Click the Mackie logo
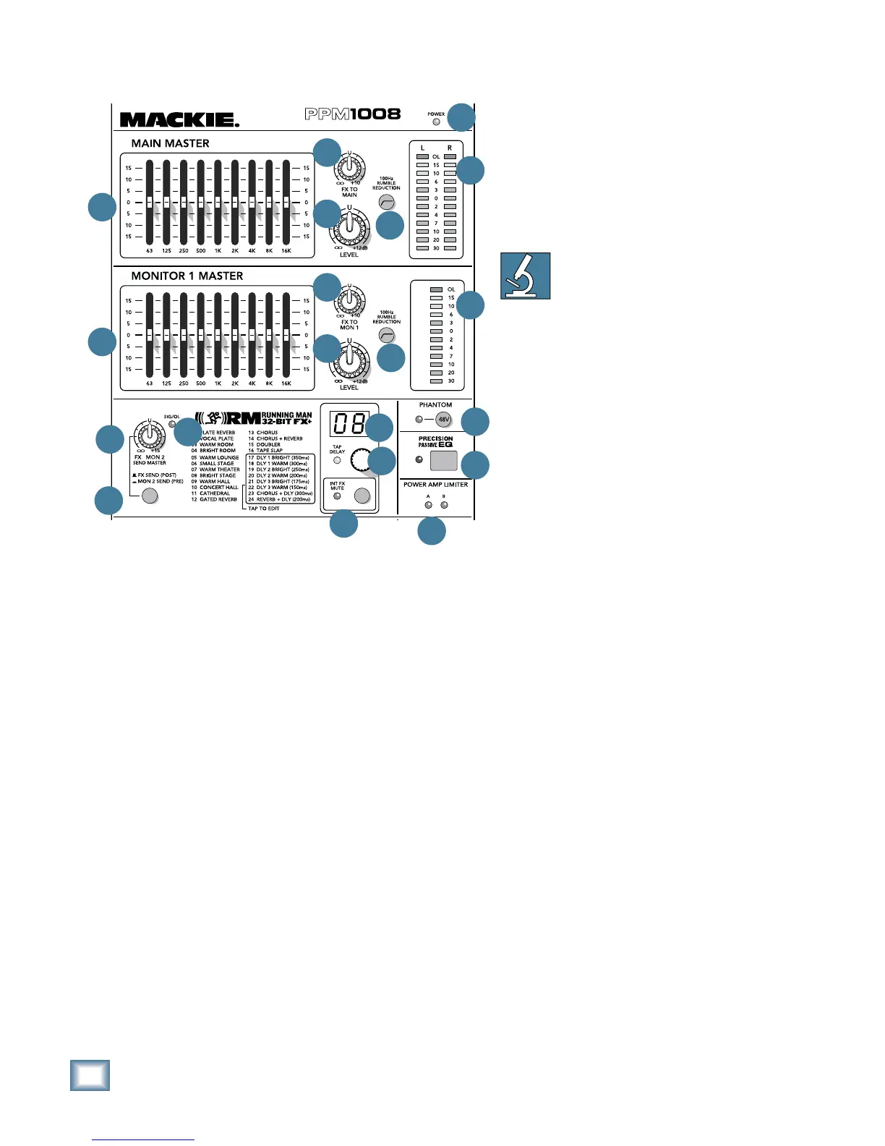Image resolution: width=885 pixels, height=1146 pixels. click(179, 119)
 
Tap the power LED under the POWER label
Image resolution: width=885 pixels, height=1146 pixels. click(436, 122)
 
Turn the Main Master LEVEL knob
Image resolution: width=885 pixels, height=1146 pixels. click(349, 228)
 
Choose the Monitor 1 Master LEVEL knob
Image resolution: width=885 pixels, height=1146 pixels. click(349, 360)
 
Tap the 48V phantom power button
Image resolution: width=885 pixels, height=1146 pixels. click(443, 420)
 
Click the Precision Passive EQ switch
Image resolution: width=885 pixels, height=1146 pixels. click(443, 461)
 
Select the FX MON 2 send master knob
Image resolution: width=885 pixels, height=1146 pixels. click(149, 436)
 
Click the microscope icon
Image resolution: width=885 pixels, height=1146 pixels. click(526, 276)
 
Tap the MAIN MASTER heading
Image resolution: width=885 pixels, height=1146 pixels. click(170, 143)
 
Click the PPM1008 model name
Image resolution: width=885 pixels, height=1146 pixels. click(352, 114)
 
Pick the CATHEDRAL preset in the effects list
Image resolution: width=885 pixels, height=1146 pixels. click(214, 493)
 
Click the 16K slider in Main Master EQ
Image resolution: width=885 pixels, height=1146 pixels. click(286, 203)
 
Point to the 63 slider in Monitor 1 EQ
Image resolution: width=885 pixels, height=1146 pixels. click(150, 336)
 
